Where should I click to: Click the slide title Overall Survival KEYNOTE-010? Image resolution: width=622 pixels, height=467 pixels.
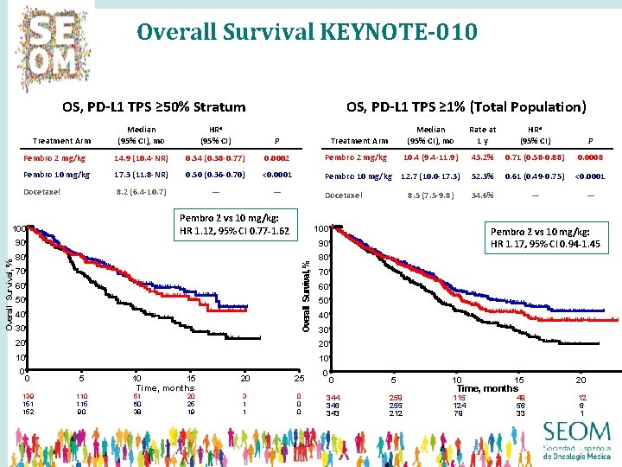click(x=307, y=33)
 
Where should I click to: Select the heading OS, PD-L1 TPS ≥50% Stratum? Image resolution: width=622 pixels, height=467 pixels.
click(x=154, y=107)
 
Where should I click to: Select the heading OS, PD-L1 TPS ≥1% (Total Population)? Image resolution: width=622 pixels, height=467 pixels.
click(x=466, y=107)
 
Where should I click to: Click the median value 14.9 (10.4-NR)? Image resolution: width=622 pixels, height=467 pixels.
click(x=141, y=158)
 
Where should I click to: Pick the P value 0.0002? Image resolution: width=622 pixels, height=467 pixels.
click(x=276, y=158)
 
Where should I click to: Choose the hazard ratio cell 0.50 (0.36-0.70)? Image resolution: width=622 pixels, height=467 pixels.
click(x=215, y=175)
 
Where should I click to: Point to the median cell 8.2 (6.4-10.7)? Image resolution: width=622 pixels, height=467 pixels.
click(x=141, y=191)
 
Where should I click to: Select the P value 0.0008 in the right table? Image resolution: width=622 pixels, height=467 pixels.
click(x=591, y=158)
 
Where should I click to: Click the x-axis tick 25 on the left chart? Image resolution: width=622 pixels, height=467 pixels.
click(x=299, y=378)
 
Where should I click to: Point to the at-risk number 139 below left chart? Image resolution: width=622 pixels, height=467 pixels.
click(x=29, y=396)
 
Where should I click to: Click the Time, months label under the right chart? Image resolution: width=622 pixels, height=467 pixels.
click(x=487, y=389)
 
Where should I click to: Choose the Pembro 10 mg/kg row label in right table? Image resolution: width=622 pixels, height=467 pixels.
click(x=359, y=176)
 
